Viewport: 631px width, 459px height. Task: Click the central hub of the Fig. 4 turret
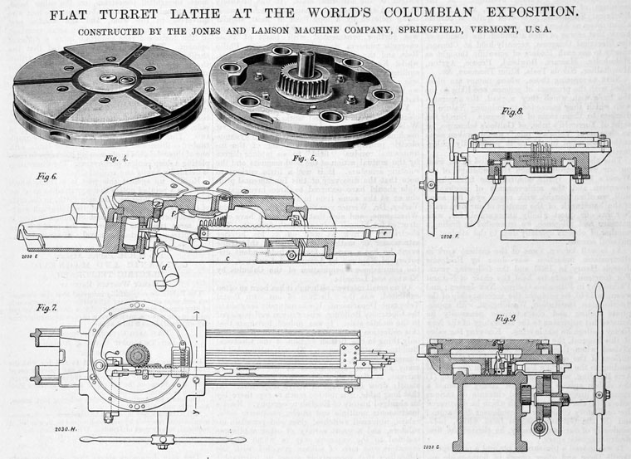point(109,79)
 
